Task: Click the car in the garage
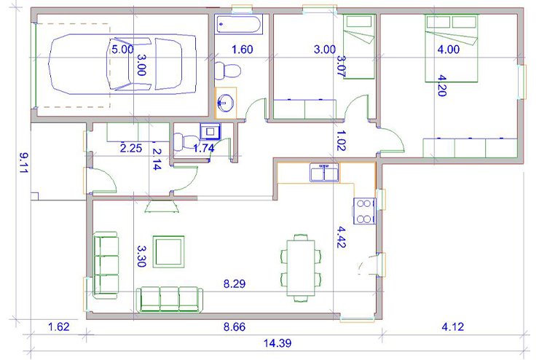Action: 122,64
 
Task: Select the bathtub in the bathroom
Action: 239,24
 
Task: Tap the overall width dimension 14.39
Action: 278,343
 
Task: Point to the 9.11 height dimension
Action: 23,163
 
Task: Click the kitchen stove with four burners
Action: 364,211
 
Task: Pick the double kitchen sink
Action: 324,172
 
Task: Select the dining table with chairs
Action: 301,268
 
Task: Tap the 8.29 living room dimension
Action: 235,284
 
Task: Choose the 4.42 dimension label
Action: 341,237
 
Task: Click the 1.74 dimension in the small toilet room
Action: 204,148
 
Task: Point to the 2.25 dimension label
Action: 131,148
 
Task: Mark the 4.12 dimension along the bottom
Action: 453,326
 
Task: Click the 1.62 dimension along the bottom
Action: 59,326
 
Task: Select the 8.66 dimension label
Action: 235,326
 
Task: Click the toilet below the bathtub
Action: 227,71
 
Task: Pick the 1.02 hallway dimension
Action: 341,141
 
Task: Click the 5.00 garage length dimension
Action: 122,50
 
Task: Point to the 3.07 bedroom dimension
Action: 341,66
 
